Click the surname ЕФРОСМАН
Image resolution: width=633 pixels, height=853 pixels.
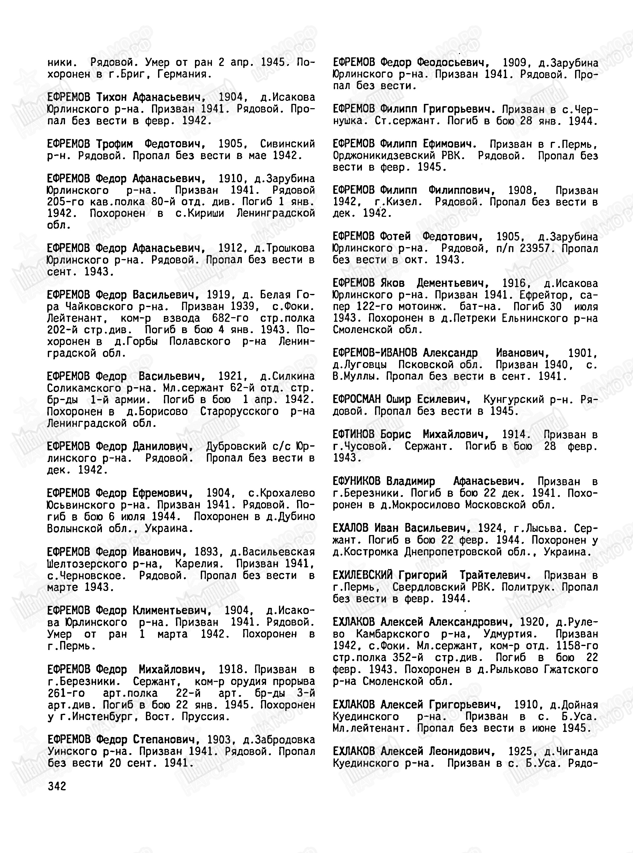coord(356,399)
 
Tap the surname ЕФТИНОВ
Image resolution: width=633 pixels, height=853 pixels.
coord(353,434)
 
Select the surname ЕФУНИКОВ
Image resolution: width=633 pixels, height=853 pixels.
coord(356,481)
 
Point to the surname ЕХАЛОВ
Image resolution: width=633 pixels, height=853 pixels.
coord(350,528)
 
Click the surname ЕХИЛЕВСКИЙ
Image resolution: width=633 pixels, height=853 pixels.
coord(362,575)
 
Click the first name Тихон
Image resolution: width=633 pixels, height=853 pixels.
coord(111,97)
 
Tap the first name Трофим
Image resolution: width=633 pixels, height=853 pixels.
coord(115,144)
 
